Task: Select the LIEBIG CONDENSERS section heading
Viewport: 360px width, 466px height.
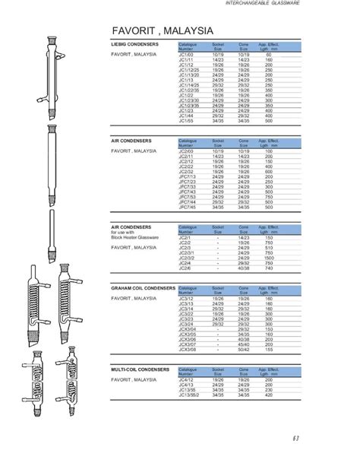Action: tap(135, 45)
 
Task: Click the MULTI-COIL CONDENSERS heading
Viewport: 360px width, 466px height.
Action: tap(141, 368)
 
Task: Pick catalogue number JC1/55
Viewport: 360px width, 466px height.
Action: tap(186, 121)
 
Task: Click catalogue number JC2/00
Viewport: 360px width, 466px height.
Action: tap(186, 151)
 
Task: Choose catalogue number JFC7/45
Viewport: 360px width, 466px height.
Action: tap(188, 206)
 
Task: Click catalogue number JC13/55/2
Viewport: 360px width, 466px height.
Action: tap(189, 395)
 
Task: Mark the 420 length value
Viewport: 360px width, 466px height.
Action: tap(268, 395)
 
